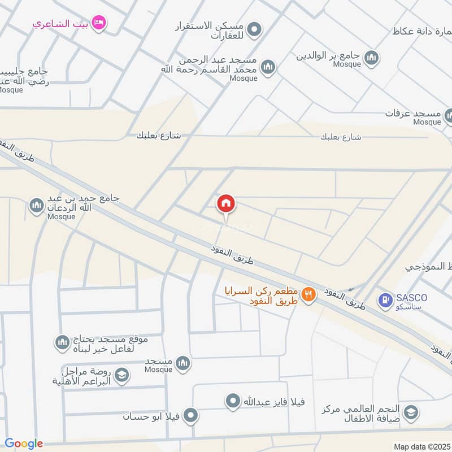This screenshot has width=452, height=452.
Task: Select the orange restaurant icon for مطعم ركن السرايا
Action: [x=308, y=294]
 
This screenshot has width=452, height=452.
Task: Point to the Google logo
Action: [x=24, y=444]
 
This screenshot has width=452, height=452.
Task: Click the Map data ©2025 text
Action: [x=421, y=446]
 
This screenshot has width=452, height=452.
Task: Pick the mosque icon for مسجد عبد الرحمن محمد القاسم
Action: [x=268, y=67]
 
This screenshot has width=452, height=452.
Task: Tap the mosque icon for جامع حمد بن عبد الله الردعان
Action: [x=37, y=205]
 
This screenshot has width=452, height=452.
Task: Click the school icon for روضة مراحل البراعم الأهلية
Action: [x=121, y=375]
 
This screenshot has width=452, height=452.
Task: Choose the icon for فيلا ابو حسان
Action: [x=191, y=416]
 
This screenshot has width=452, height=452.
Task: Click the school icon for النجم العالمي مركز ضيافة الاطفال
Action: [x=411, y=412]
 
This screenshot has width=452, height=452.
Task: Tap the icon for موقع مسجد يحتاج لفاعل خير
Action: [x=62, y=342]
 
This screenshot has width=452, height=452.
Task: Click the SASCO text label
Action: [x=412, y=297]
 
